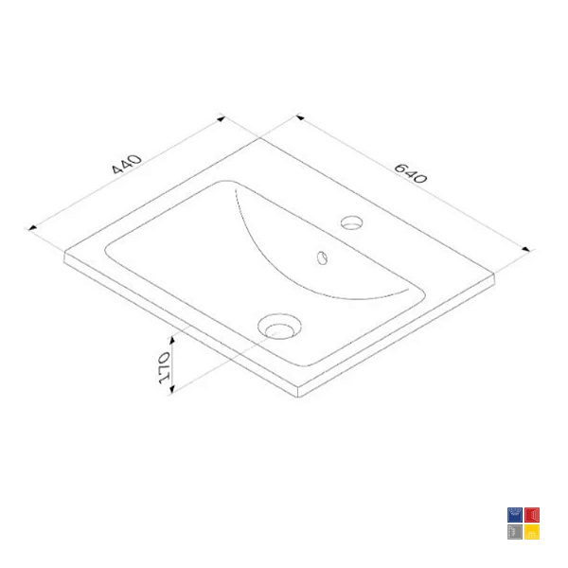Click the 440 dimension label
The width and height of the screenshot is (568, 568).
(x=127, y=164)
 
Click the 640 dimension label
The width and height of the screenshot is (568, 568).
(x=411, y=173)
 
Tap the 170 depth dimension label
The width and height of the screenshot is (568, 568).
(x=164, y=367)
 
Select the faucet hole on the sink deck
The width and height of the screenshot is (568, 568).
(x=351, y=222)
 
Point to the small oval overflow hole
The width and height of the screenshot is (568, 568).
(x=322, y=257)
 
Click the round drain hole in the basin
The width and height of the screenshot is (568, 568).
(x=279, y=327)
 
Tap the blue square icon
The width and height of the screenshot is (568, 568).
(x=515, y=515)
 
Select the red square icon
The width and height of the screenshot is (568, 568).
(x=532, y=515)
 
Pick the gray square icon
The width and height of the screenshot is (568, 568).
(x=515, y=532)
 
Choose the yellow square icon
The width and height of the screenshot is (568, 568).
(x=532, y=532)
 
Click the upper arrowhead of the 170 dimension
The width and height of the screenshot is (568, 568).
(x=172, y=340)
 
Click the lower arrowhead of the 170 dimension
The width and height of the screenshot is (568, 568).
(x=172, y=389)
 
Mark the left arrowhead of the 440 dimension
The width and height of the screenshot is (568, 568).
(x=32, y=228)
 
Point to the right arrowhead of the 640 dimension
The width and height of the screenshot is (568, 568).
(x=526, y=249)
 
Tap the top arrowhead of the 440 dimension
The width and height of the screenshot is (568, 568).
(x=221, y=118)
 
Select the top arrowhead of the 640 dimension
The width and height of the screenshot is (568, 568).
(x=300, y=117)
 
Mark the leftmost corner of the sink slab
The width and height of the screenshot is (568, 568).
(x=64, y=253)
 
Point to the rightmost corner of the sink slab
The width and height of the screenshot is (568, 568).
(x=494, y=275)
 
